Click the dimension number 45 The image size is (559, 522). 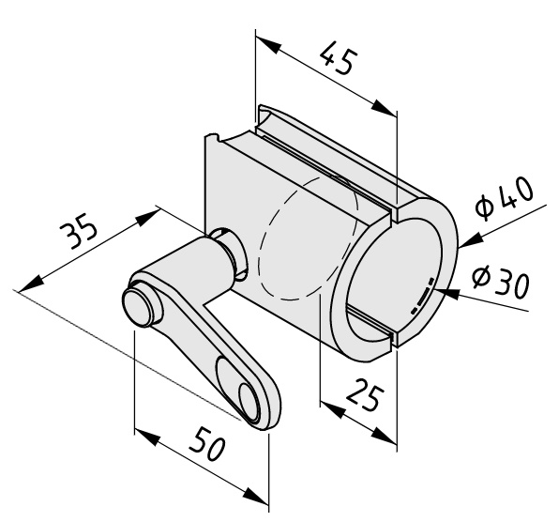(x=339, y=58)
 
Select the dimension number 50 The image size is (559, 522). (x=208, y=443)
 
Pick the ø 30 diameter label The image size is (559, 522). (x=501, y=282)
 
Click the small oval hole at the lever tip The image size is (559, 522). (x=249, y=401)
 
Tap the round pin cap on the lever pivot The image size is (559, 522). (x=138, y=308)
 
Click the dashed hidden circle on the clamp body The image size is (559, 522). (x=309, y=237)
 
